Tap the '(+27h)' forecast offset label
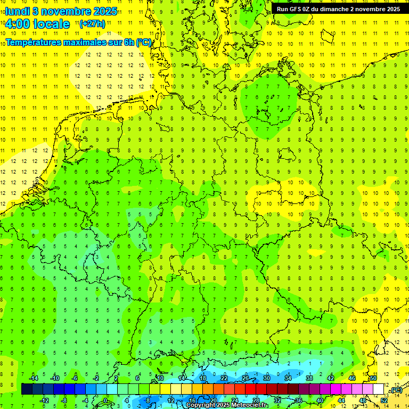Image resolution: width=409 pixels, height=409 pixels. point(92,24)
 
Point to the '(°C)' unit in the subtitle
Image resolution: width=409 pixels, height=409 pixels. point(144,42)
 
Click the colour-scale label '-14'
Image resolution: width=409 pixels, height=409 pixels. point(33,378)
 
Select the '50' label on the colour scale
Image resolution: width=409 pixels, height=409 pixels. point(373,378)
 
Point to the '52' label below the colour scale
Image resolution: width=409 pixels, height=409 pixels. point(384,400)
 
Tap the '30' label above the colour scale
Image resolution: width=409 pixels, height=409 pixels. point(267,378)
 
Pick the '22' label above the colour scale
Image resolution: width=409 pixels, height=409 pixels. point(224,378)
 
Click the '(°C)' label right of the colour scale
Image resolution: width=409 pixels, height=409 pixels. point(395,390)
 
